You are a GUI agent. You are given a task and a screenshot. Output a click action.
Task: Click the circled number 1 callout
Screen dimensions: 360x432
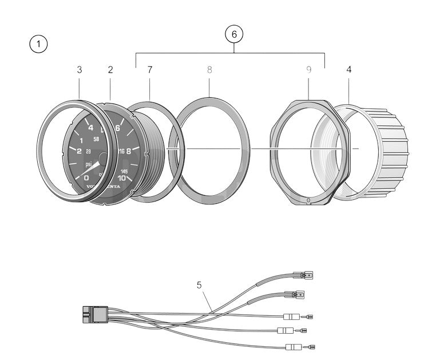point(38,45)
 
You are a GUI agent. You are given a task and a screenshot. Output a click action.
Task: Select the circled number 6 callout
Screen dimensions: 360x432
point(233,34)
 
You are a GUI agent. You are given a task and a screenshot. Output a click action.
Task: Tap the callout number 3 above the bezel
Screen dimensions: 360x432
point(80,70)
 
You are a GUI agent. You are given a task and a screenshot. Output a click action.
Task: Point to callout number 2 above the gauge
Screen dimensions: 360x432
point(110,70)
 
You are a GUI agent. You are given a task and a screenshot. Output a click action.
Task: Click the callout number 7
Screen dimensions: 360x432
point(150,70)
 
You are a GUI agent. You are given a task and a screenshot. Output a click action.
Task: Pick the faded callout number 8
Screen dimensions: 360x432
point(209,70)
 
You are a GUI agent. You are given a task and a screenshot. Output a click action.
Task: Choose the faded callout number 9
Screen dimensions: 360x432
point(308,70)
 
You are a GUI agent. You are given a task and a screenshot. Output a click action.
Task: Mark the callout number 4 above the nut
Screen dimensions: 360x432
point(348,70)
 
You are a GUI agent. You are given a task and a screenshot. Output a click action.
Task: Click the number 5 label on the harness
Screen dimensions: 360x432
point(199,284)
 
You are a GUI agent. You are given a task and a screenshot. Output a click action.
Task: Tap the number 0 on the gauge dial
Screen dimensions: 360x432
point(86,178)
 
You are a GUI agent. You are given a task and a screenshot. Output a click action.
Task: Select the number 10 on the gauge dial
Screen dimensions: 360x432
point(121,178)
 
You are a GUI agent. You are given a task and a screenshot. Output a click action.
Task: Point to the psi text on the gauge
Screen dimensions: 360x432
point(89,165)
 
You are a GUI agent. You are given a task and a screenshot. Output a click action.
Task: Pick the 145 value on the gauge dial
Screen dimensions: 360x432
point(124,169)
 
